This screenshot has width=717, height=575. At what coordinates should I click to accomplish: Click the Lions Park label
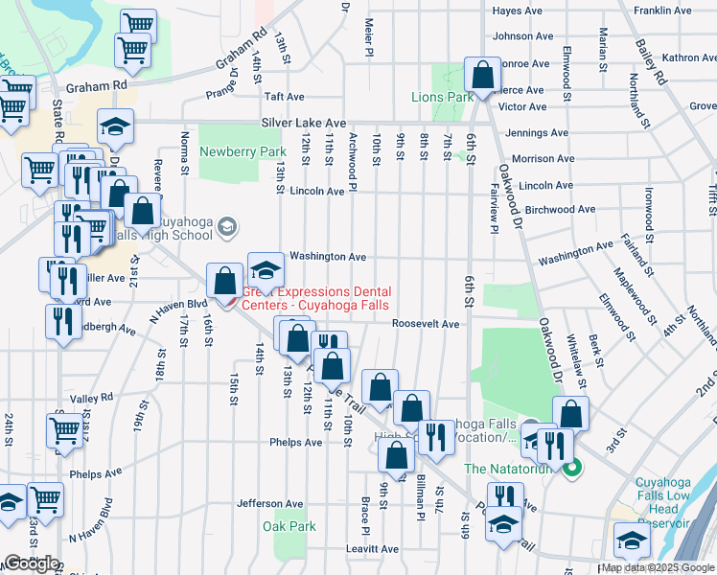[442, 97]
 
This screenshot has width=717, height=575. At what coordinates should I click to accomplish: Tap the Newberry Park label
[243, 151]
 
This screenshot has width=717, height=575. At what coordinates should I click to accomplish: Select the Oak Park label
[289, 525]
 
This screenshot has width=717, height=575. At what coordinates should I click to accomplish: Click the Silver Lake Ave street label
[304, 124]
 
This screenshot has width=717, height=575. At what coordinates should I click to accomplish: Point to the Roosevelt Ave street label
[426, 324]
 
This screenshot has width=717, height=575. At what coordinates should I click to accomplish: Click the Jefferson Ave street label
[270, 503]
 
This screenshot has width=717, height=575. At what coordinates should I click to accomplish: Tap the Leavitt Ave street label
[372, 547]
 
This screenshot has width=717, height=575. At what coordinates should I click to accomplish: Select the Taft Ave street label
[284, 97]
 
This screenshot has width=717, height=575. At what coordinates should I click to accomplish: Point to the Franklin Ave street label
[662, 11]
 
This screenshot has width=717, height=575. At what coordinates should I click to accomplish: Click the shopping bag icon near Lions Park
[482, 74]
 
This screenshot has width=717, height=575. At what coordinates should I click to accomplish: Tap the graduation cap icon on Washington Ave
[266, 269]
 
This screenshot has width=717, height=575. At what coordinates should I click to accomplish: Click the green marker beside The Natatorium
[572, 469]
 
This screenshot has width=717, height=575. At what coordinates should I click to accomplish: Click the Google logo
[31, 563]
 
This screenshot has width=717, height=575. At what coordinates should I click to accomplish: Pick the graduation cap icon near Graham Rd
[115, 127]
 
